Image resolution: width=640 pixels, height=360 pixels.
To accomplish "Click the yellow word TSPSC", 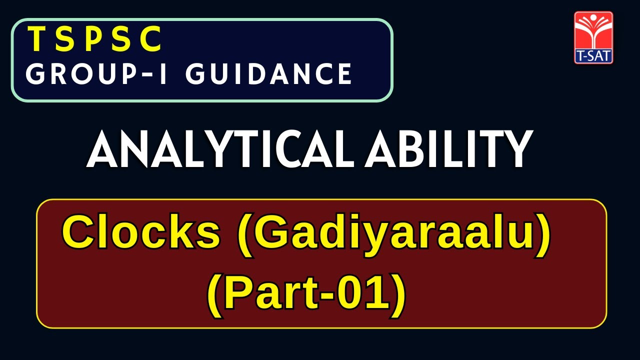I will point(95,39).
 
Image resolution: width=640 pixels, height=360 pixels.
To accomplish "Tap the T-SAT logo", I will point(593,38).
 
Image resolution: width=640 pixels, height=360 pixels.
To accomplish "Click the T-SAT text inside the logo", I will point(593,56).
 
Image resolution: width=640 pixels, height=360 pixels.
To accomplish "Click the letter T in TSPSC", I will point(35,39).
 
